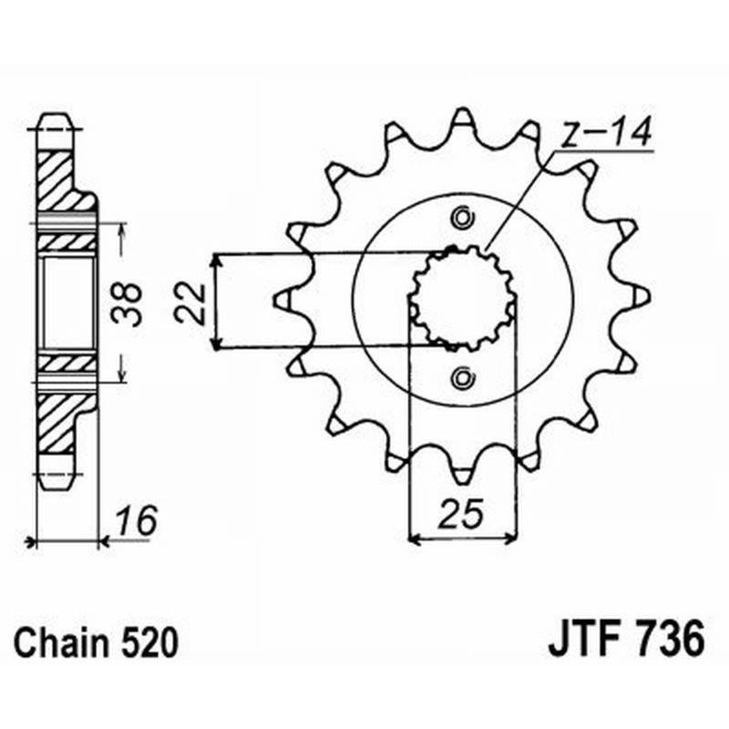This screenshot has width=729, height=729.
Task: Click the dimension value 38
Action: (131, 304)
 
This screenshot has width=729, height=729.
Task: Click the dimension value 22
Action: (188, 302)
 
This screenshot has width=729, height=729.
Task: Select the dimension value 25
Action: (461, 516)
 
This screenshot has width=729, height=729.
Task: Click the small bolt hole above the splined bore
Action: (462, 219)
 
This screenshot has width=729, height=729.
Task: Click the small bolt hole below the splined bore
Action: (462, 376)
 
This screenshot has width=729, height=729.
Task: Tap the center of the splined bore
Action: (462, 298)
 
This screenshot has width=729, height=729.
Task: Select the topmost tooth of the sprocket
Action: (462, 118)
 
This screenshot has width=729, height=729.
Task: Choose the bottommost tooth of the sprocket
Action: (462, 476)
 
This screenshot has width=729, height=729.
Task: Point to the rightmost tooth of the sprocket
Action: (641, 297)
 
